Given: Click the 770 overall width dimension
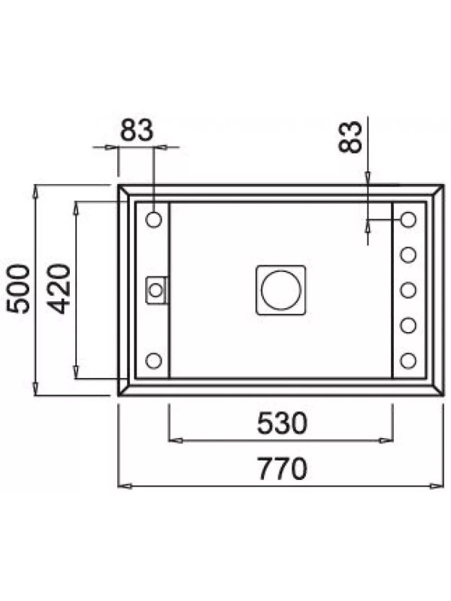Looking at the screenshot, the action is [283, 468].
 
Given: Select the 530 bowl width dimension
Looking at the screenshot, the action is [283, 423].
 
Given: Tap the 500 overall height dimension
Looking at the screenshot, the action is [19, 289].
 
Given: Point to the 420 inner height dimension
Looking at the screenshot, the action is [59, 289].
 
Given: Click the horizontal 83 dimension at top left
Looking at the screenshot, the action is [137, 130].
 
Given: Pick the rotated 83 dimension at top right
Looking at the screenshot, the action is [350, 137].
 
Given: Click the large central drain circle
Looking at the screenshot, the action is [280, 290].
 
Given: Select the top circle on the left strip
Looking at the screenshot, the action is [154, 219].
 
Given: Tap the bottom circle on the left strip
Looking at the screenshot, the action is [154, 361].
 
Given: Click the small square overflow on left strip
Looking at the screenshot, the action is [156, 290].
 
